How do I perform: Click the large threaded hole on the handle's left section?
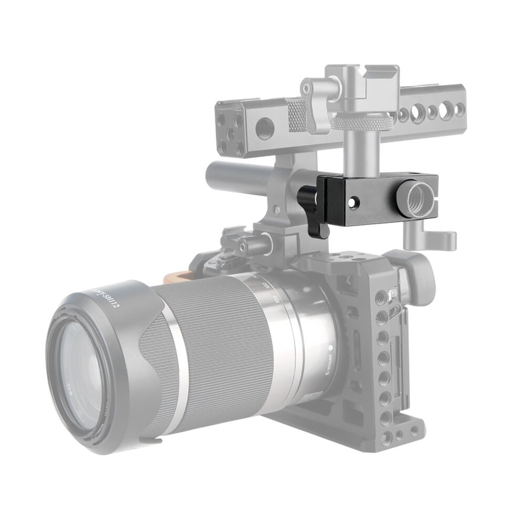click(x=264, y=127)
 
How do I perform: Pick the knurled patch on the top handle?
click(x=298, y=115)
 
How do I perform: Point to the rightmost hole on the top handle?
click(x=459, y=109)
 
